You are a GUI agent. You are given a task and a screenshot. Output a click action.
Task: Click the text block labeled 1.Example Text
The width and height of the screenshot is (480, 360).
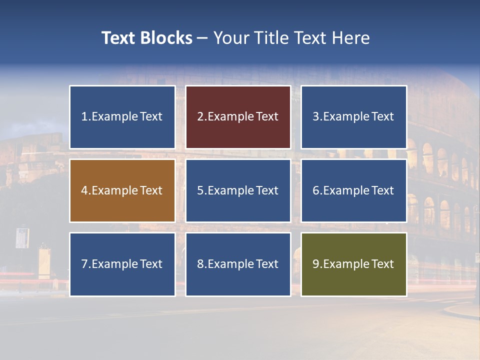click(122, 117)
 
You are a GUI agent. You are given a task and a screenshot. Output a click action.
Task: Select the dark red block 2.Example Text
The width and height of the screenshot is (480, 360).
click(238, 117)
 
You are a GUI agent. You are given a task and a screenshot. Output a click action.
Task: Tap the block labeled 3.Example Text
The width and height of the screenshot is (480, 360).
click(353, 117)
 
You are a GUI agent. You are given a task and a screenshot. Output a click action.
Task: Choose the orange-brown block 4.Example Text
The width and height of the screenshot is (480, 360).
click(122, 190)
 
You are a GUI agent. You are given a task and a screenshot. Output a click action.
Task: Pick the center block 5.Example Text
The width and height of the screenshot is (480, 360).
click(238, 190)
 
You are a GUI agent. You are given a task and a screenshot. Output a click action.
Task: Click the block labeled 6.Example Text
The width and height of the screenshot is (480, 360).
click(353, 190)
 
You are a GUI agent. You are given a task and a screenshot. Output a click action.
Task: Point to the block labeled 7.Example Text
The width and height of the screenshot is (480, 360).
click(122, 264)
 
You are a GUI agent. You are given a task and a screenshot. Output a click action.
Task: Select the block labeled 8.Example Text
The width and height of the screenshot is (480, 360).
click(238, 264)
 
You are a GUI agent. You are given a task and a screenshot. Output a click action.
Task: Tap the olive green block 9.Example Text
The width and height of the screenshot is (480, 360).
click(353, 264)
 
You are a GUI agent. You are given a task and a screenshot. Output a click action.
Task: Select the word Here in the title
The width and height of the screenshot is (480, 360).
click(352, 38)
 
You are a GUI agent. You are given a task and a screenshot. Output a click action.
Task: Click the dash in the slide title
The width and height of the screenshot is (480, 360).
click(202, 38)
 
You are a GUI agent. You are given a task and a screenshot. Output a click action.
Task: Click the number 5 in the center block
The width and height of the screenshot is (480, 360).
click(200, 190)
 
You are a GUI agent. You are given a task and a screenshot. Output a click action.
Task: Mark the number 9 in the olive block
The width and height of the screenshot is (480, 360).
click(315, 264)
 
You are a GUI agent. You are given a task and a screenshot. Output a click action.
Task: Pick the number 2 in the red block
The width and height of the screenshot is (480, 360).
click(200, 117)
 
